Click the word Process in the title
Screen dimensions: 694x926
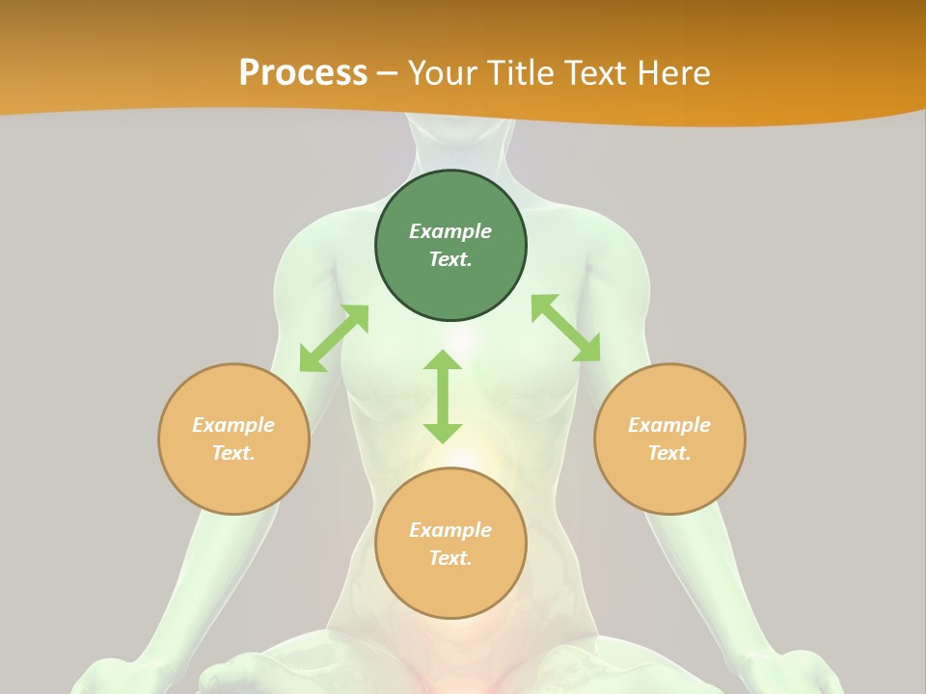pyautogui.click(x=303, y=73)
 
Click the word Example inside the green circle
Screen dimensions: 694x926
pyautogui.click(x=450, y=231)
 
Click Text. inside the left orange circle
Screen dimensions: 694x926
pyautogui.click(x=233, y=453)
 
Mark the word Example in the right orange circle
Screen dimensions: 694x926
pyautogui.click(x=669, y=425)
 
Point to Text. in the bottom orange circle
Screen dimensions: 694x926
pyautogui.click(x=450, y=558)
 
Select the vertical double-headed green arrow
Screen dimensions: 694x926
pyautogui.click(x=443, y=396)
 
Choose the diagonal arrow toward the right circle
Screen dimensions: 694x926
pyautogui.click(x=565, y=329)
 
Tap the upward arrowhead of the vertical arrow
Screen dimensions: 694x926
pyautogui.click(x=443, y=360)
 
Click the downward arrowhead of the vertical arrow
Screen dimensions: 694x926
pyautogui.click(x=443, y=432)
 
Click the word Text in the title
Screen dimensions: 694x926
pyautogui.click(x=598, y=73)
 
